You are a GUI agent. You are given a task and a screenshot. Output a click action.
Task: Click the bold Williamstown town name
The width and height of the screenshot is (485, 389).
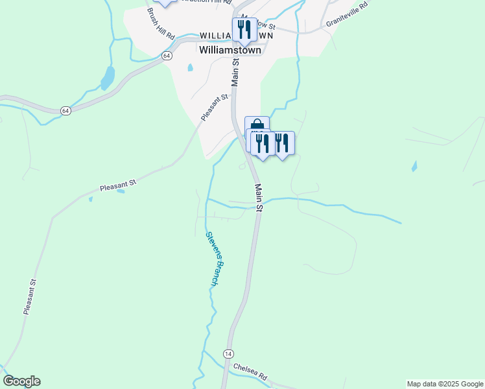[x=230, y=50]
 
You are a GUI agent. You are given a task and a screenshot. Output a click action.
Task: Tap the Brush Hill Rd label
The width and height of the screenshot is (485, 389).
[x=161, y=23]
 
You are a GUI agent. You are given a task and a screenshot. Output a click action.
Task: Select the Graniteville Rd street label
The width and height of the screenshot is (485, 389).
[x=347, y=14]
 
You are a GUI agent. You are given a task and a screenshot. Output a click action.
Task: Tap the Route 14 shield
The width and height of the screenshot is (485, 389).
[x=228, y=353]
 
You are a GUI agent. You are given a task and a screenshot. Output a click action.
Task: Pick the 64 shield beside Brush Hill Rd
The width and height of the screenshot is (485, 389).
[x=167, y=56]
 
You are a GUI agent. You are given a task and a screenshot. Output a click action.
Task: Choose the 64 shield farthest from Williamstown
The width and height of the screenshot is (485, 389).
[x=65, y=111]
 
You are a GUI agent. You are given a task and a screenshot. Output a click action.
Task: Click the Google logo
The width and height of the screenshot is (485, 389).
[x=21, y=381]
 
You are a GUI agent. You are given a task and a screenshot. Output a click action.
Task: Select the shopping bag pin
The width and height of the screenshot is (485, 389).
[x=257, y=125]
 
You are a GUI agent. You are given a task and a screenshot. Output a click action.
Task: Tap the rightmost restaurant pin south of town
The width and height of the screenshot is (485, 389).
[x=282, y=143]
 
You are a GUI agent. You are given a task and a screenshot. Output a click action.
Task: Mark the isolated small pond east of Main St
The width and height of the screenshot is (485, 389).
[x=414, y=167]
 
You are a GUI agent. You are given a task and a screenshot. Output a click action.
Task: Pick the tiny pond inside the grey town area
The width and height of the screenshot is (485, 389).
[x=190, y=67]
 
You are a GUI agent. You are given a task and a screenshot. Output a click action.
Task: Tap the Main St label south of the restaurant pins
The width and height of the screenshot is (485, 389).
[x=259, y=198]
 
